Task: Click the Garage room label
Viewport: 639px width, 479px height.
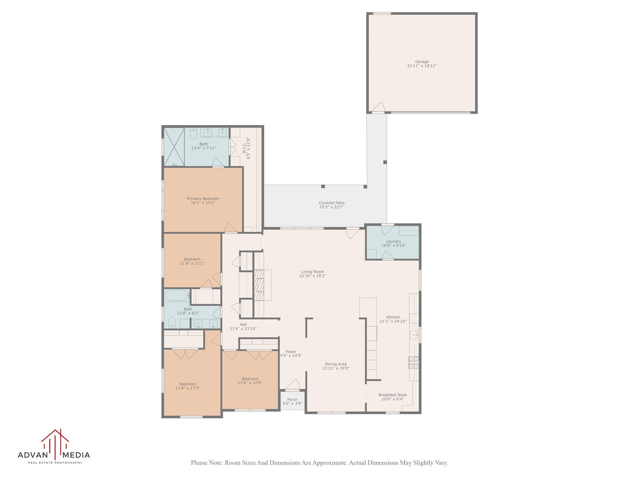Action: (x=422, y=62)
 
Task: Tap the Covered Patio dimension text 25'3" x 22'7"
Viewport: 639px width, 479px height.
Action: (x=331, y=207)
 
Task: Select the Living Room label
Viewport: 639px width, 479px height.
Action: (x=312, y=272)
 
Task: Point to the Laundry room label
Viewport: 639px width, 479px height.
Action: (x=393, y=241)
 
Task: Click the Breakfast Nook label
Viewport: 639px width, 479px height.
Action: (x=393, y=395)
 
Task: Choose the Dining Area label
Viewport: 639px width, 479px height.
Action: (x=335, y=364)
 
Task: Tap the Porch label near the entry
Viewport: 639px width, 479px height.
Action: (x=292, y=399)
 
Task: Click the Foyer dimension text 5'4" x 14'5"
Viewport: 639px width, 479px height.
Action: (x=291, y=356)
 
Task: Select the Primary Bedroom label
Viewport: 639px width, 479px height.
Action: (x=203, y=199)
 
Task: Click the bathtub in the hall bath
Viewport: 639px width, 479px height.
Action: (x=177, y=295)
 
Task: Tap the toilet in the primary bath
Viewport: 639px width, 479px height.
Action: (x=193, y=134)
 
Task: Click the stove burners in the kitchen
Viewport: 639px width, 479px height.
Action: (x=414, y=363)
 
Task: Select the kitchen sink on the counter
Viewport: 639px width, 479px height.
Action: (x=414, y=335)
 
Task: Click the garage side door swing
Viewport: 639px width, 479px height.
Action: (x=378, y=108)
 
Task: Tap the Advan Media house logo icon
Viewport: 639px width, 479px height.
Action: (x=55, y=443)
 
